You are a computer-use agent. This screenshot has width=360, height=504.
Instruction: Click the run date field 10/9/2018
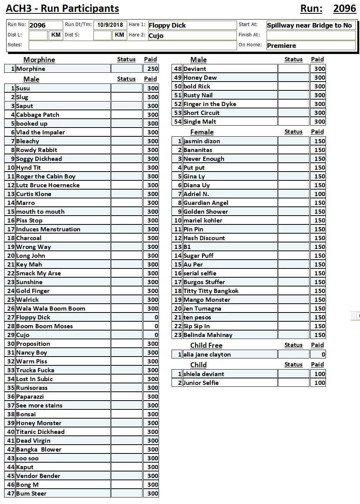(x=110, y=25)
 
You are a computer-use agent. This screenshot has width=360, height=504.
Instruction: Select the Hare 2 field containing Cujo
(x=192, y=36)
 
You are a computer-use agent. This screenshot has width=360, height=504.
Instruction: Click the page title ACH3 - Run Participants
(x=62, y=8)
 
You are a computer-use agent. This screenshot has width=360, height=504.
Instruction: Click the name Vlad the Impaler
(x=41, y=133)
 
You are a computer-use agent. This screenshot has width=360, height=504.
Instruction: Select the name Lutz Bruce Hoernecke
(x=48, y=185)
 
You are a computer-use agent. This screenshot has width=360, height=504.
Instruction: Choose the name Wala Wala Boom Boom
(x=51, y=309)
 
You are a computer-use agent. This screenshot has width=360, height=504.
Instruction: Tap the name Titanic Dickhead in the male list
(x=40, y=432)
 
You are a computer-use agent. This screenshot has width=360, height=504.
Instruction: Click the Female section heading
(x=202, y=132)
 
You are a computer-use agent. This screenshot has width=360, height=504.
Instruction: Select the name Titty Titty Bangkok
(x=211, y=291)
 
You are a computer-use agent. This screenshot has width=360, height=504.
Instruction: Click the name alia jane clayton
(x=207, y=355)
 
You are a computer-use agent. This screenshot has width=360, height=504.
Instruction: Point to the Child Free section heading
(x=206, y=345)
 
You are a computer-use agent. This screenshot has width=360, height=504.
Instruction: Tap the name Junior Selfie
(x=201, y=383)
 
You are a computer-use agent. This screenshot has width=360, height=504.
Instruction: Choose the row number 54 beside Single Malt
(x=178, y=122)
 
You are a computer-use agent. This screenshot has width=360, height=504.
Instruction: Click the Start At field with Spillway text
(x=311, y=25)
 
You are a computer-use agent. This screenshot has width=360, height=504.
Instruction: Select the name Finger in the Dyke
(x=210, y=104)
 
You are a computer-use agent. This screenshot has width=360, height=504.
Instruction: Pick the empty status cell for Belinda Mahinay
(x=293, y=335)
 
